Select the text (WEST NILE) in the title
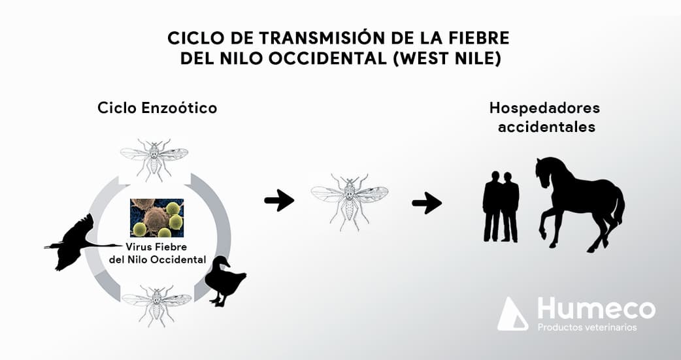coord(446,59)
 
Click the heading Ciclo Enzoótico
coord(158,108)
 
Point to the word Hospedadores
coord(544,108)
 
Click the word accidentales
coord(546,127)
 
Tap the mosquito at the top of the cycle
coord(154,159)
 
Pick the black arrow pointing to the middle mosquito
coord(279,201)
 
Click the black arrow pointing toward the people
coord(427,203)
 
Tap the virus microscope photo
coord(157,218)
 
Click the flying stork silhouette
coord(76,242)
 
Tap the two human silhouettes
coord(501,206)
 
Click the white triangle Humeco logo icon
coord(512,314)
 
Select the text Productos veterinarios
coord(587,327)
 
